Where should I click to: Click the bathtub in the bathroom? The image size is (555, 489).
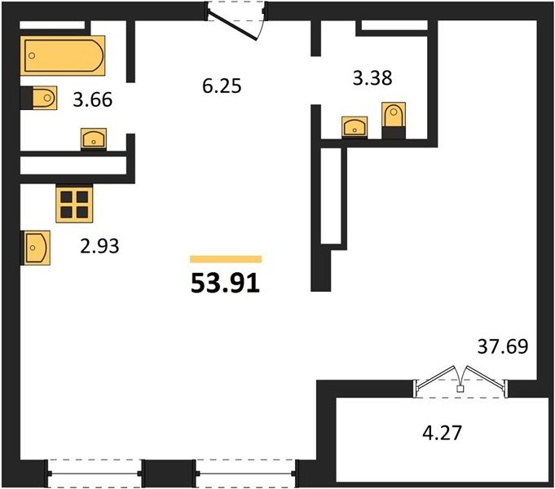[63, 55]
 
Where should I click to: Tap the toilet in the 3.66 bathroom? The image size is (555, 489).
[44, 98]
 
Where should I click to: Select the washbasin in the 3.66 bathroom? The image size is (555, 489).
[94, 138]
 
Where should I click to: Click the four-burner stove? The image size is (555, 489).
[74, 205]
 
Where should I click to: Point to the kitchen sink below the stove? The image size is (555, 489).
[37, 248]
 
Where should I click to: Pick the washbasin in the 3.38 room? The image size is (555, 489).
[355, 126]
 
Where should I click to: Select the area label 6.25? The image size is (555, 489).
[222, 86]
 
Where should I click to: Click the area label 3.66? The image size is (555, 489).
[93, 99]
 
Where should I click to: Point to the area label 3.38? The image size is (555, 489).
[372, 78]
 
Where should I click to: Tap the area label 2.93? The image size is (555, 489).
[99, 246]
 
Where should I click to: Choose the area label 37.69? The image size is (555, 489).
[503, 346]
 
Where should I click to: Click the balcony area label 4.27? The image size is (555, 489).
[442, 433]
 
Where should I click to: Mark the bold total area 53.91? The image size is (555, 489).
[226, 284]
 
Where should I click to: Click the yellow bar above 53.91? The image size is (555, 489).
[226, 259]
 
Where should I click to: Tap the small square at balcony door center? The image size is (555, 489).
[460, 389]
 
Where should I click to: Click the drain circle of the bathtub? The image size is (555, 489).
[32, 55]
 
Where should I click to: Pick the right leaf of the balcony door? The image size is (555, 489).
[485, 377]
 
